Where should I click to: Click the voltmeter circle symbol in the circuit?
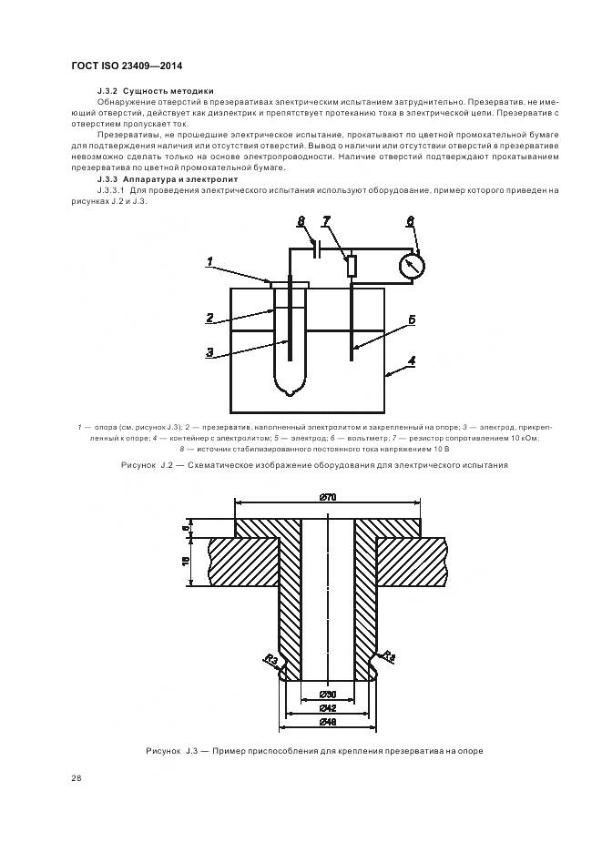coord(413,265)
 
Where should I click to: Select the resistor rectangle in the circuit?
coord(352,265)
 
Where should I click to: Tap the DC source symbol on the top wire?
coord(316,248)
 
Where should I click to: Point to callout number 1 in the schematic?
coord(209,262)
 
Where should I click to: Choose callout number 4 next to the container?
coord(412,360)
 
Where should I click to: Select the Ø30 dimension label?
coord(328,695)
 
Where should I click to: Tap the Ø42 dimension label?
coord(328,708)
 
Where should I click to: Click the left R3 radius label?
coord(270,658)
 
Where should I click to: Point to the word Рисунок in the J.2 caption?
coord(139,465)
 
